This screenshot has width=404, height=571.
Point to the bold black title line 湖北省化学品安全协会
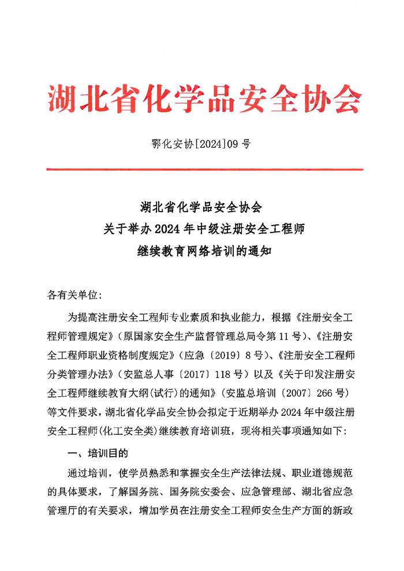201,206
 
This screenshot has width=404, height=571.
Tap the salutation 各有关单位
74,295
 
